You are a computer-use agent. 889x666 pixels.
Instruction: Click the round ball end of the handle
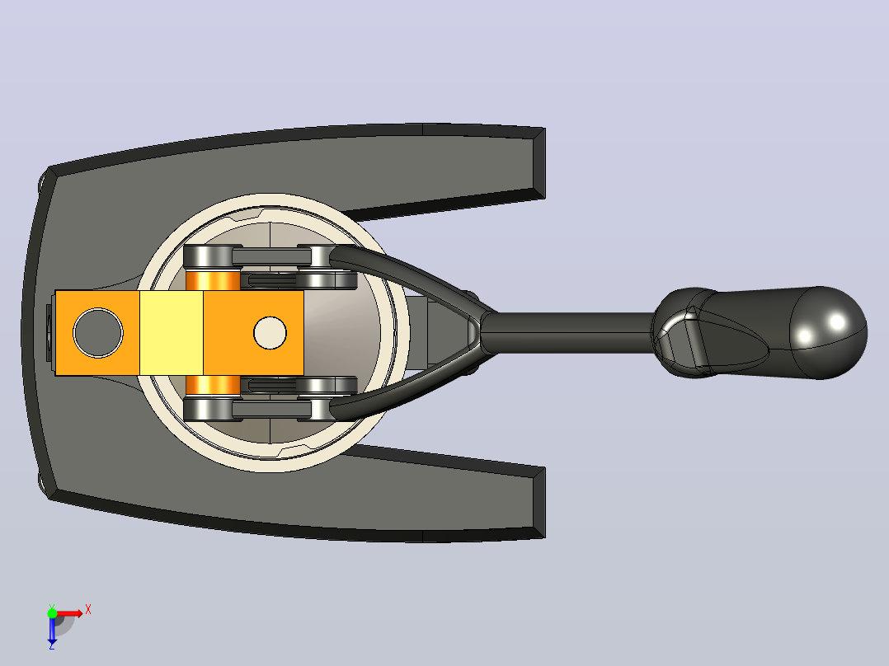coord(829,333)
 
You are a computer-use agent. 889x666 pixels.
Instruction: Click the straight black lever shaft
coord(567,333)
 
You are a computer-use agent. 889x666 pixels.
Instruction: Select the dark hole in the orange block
coord(98,333)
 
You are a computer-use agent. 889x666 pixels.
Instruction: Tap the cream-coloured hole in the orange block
coord(270,333)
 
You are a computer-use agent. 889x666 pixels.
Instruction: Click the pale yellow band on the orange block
coord(172,333)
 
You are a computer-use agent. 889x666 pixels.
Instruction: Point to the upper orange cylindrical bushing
coord(213,280)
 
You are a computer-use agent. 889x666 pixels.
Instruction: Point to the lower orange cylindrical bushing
coord(213,386)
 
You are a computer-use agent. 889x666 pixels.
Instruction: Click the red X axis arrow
coord(70,613)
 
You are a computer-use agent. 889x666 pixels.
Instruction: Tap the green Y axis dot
coord(52,613)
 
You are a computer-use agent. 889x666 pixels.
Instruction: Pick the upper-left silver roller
coord(209,257)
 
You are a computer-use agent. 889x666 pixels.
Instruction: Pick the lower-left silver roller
coord(209,408)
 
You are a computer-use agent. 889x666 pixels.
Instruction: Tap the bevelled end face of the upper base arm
coord(539,163)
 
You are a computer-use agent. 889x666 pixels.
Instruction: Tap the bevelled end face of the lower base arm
coord(539,503)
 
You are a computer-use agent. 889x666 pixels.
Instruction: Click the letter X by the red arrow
coord(88,610)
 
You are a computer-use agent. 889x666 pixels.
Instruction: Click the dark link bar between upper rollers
coord(271,257)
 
